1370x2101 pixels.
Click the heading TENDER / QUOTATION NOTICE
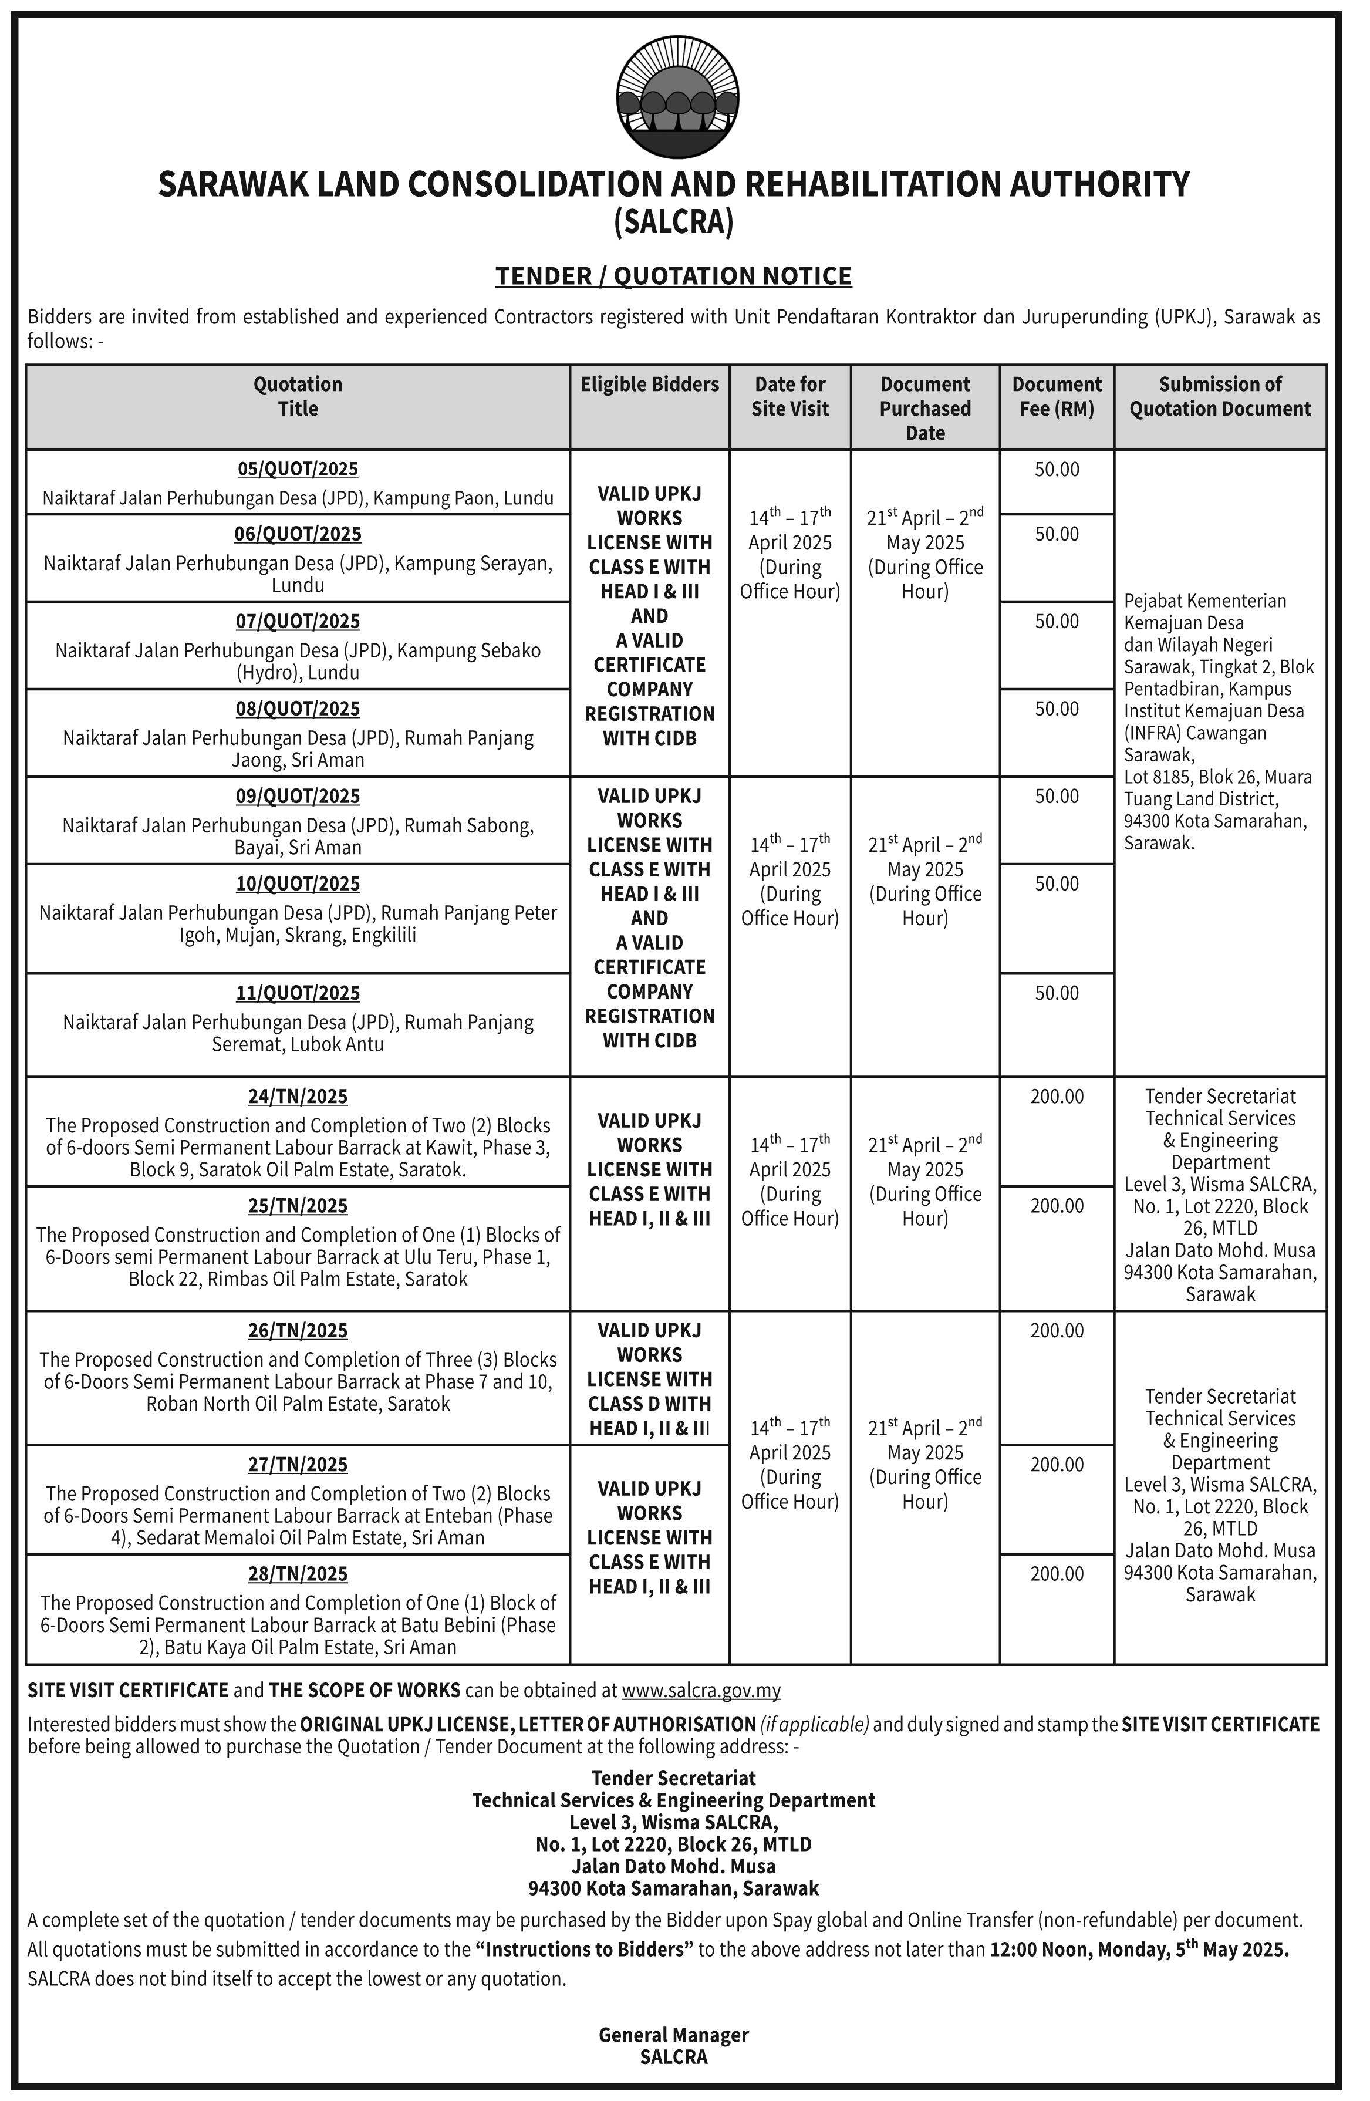pyautogui.click(x=673, y=276)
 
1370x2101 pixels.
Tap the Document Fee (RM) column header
pyautogui.click(x=1057, y=396)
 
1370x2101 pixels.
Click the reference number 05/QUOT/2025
pyautogui.click(x=298, y=469)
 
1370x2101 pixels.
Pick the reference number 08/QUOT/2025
pyautogui.click(x=298, y=709)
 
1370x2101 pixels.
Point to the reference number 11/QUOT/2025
pyautogui.click(x=298, y=993)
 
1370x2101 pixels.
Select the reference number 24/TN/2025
pyautogui.click(x=298, y=1097)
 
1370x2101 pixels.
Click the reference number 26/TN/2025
pyautogui.click(x=298, y=1330)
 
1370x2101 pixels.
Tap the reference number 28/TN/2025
pyautogui.click(x=298, y=1574)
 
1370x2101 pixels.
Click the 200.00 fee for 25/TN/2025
pyautogui.click(x=1057, y=1206)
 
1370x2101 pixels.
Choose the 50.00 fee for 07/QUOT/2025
pyautogui.click(x=1057, y=622)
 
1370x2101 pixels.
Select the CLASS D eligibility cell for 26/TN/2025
pyautogui.click(x=650, y=1379)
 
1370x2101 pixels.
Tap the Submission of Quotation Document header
pyautogui.click(x=1220, y=396)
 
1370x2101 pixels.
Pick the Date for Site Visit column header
pyautogui.click(x=790, y=396)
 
